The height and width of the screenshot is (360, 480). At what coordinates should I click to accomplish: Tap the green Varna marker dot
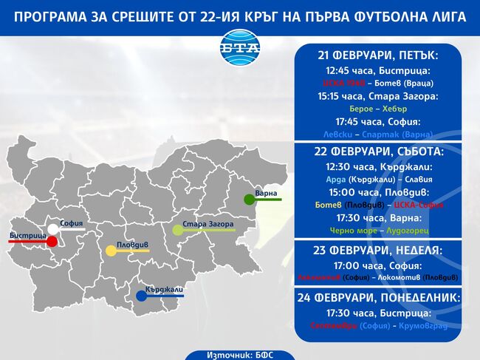coord(250,199)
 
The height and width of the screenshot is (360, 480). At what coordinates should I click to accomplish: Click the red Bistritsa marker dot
coord(52,242)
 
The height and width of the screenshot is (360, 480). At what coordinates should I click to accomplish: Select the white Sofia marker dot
coord(52,228)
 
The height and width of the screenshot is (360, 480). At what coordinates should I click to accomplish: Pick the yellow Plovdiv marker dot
coord(111,251)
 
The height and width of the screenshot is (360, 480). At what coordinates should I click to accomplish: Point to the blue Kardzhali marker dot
coord(141,296)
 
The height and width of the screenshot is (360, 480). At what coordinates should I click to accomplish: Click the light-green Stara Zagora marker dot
coord(177,230)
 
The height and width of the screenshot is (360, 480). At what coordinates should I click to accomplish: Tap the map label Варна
coord(266,193)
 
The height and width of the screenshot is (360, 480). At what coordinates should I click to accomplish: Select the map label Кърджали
coord(164,290)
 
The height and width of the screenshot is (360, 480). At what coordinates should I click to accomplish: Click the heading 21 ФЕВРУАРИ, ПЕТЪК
coord(378,55)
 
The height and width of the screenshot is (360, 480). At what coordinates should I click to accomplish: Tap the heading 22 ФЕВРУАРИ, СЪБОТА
coord(378,152)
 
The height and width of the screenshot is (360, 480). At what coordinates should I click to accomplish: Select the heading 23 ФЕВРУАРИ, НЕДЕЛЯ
coord(378,250)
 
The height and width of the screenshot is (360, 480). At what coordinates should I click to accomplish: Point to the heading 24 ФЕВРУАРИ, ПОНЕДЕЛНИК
coord(378,297)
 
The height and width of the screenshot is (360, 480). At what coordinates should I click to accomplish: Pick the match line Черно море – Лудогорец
coord(378,231)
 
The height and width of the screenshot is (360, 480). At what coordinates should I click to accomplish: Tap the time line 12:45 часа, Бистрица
coord(378,70)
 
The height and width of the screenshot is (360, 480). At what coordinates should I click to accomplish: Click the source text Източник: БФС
coord(239,355)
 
